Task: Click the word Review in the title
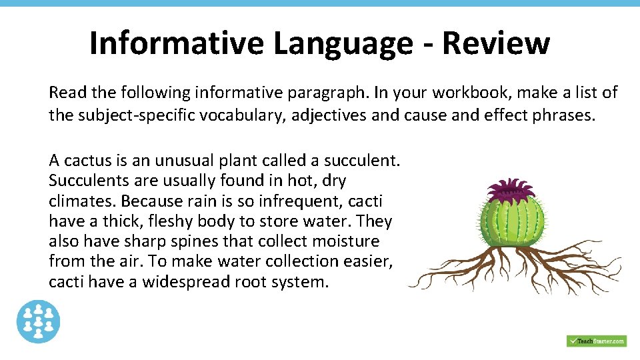tap(495, 43)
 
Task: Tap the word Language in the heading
tap(342, 44)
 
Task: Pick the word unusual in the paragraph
tap(185, 160)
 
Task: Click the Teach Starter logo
tap(596, 341)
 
